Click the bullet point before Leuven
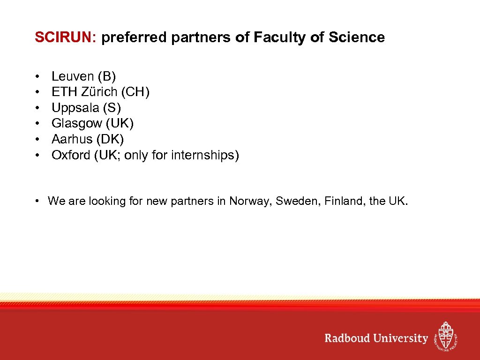coord(37,76)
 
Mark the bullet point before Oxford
coord(37,156)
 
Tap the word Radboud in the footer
coord(347,338)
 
